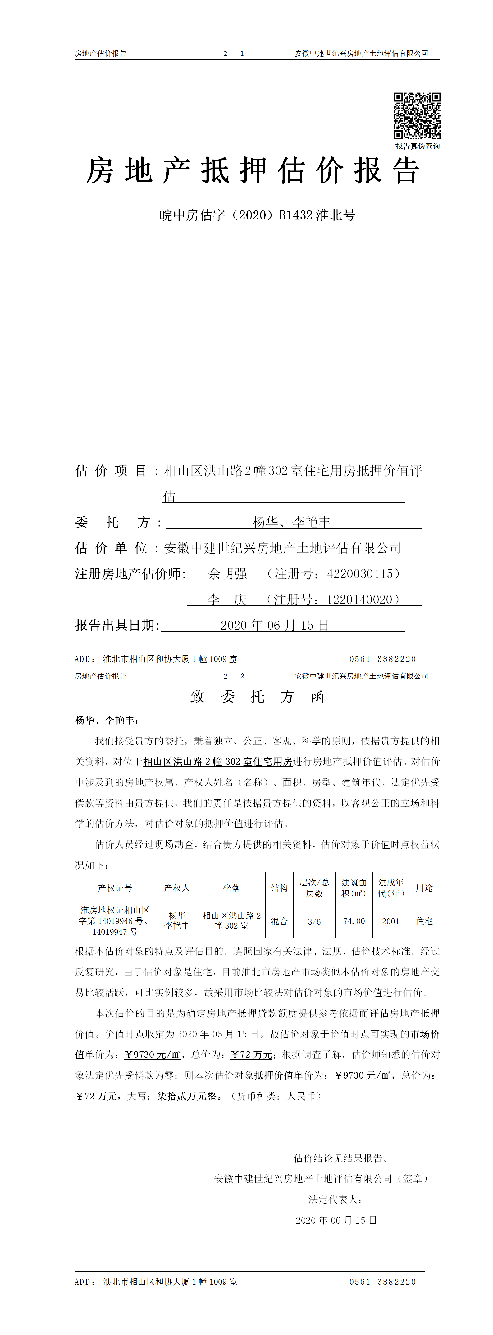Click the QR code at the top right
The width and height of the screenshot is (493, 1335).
[x=417, y=115]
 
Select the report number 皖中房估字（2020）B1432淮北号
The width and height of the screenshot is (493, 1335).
[x=257, y=215]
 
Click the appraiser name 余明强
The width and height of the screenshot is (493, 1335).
[x=228, y=574]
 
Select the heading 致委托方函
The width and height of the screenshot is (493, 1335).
[x=257, y=696]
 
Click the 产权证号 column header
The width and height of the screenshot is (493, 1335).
[x=115, y=888]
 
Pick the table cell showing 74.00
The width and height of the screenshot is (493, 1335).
[x=354, y=921]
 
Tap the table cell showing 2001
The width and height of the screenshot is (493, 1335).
[x=390, y=921]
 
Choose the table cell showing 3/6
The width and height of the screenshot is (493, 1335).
[x=314, y=921]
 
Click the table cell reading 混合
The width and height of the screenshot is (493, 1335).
[x=279, y=921]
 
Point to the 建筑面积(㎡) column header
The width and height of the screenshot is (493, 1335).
[x=354, y=888]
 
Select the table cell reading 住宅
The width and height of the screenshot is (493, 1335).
[x=424, y=921]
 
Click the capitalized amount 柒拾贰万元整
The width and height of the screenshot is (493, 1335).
[x=187, y=1096]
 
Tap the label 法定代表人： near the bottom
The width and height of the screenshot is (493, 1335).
[x=335, y=1199]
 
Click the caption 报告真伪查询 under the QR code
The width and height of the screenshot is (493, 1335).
[x=417, y=146]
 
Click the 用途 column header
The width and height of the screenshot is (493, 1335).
[x=424, y=888]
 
